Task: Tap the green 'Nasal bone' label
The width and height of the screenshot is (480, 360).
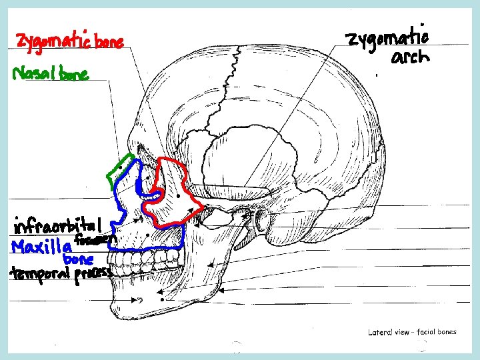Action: (x=51, y=74)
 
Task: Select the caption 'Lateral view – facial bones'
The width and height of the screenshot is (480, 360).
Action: (x=412, y=331)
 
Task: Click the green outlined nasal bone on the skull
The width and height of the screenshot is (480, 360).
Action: (x=120, y=170)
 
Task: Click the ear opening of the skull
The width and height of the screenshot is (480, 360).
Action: (x=261, y=217)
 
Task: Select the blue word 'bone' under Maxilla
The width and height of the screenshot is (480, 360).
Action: (x=77, y=258)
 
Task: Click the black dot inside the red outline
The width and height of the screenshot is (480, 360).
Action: (x=179, y=197)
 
